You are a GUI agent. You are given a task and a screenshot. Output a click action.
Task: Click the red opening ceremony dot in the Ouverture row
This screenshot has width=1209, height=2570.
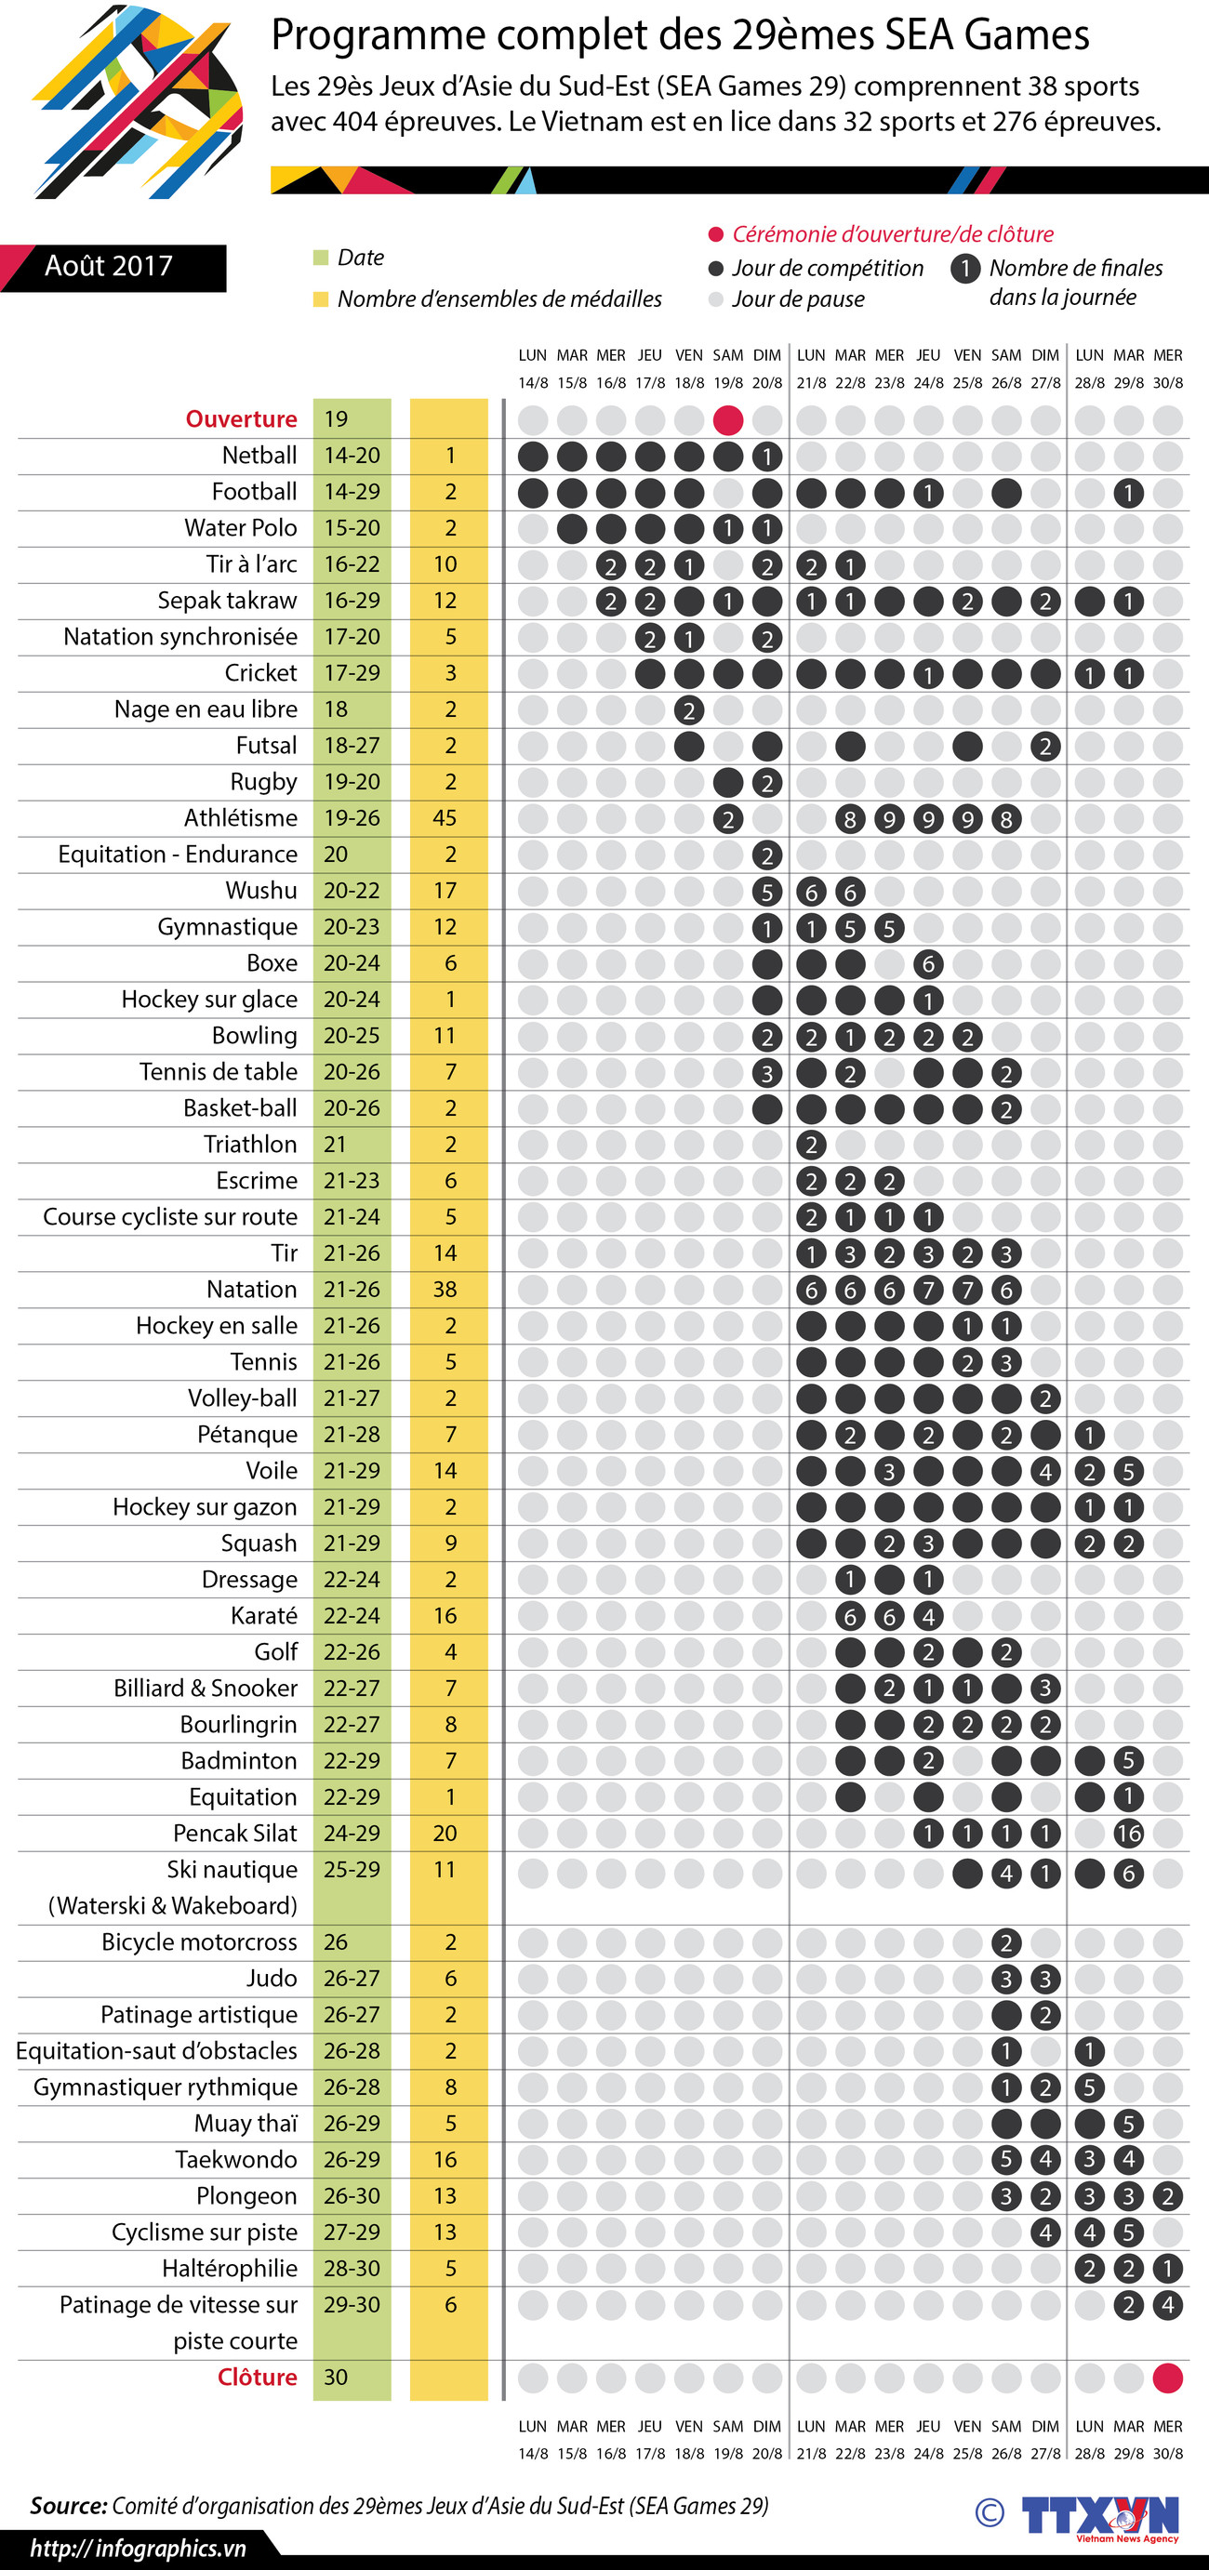(728, 420)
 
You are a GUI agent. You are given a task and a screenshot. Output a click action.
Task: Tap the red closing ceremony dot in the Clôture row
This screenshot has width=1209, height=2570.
(1167, 2378)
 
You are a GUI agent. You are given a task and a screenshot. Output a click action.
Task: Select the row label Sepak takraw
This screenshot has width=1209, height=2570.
(228, 601)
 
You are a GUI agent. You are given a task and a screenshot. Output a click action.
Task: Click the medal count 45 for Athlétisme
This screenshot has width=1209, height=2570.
(445, 818)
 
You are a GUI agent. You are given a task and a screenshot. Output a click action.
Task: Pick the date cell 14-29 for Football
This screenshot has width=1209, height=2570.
(352, 492)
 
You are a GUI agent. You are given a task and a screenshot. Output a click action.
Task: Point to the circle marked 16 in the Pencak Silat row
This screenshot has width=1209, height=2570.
(1128, 1834)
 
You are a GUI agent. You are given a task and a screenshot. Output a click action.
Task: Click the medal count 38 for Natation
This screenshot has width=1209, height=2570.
(445, 1290)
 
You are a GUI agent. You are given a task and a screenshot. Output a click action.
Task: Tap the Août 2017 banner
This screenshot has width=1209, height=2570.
(109, 266)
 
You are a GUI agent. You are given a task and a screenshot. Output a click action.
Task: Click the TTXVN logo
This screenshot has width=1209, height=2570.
(1099, 2512)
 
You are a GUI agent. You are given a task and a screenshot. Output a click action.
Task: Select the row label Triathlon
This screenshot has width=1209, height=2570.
(250, 1145)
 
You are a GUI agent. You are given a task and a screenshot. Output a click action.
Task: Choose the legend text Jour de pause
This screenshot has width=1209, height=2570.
(798, 299)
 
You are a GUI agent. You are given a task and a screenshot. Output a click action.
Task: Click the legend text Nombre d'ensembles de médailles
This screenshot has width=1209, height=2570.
(498, 299)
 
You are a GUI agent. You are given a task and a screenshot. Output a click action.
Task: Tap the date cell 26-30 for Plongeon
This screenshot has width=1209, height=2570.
(352, 2196)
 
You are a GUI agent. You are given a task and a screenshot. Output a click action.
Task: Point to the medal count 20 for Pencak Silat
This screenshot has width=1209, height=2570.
(445, 1834)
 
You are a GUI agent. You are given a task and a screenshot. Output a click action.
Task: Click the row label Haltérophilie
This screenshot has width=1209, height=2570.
(230, 2269)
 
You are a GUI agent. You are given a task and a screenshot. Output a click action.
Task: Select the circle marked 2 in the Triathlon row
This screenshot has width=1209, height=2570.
(811, 1146)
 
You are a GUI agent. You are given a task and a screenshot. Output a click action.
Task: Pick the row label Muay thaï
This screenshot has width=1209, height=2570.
(246, 2124)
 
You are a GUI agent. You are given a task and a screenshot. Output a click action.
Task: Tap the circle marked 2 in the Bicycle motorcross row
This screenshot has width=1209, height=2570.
(1005, 1942)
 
